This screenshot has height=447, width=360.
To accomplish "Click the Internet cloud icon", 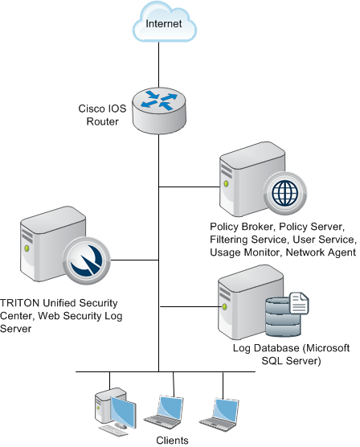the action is pyautogui.click(x=165, y=22).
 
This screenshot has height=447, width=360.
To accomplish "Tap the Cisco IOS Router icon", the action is pyautogui.click(x=159, y=111).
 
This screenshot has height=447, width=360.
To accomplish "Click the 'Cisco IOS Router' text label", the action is pyautogui.click(x=102, y=115).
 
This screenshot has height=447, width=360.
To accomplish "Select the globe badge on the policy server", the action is pyautogui.click(x=284, y=192).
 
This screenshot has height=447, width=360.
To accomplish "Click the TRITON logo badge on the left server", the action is pyautogui.click(x=86, y=260).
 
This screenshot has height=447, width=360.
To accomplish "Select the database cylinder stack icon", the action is pyautogui.click(x=283, y=317).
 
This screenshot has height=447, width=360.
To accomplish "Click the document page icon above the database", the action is pyautogui.click(x=299, y=303).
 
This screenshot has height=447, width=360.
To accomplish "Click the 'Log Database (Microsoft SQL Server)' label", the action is pyautogui.click(x=291, y=355).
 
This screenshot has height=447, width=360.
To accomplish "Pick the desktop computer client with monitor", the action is pyautogui.click(x=116, y=411).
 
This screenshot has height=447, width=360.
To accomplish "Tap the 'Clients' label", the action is pyautogui.click(x=172, y=440).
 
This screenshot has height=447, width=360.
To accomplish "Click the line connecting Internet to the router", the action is pyautogui.click(x=159, y=65).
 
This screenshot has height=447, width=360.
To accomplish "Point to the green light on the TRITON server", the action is pyautogui.click(x=27, y=248).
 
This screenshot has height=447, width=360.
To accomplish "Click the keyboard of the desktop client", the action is pyautogui.click(x=113, y=430).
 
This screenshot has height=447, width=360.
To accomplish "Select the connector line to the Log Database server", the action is pyautogui.click(x=191, y=307).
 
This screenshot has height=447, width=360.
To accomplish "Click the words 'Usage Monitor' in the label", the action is pyautogui.click(x=246, y=252).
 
